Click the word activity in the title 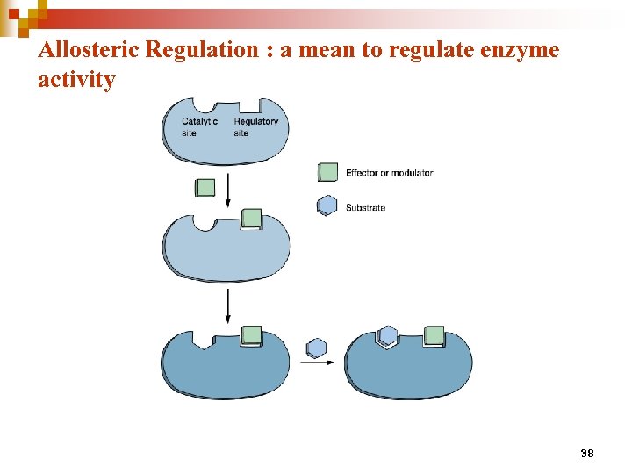76,80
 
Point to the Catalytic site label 199,127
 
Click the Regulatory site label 255,127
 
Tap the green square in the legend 327,173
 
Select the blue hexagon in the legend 327,206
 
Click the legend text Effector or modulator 389,173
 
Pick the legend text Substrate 365,208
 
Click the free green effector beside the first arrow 205,187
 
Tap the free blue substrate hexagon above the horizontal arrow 316,348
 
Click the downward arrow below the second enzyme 228,305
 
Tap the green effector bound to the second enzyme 251,219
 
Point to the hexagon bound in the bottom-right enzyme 387,335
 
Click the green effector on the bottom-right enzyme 434,335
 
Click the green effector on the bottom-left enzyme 251,334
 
